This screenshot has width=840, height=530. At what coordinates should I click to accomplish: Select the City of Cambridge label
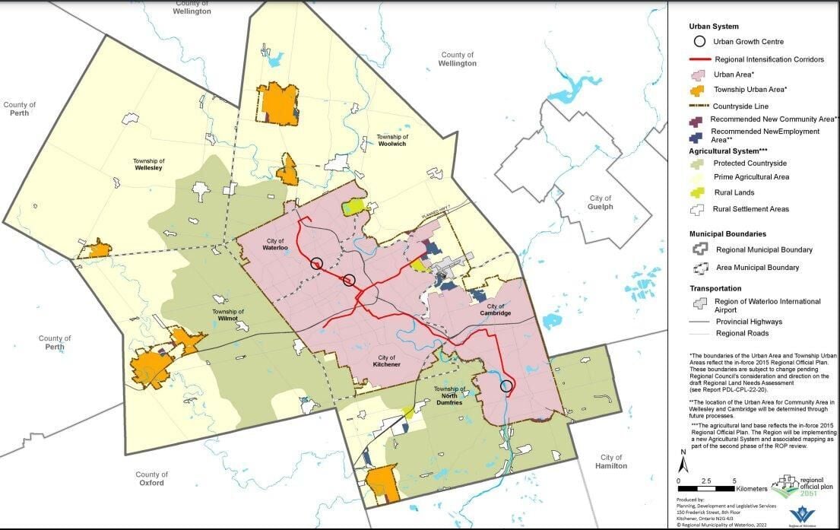(x=495, y=309)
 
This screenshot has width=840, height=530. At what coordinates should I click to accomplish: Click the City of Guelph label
(x=600, y=202)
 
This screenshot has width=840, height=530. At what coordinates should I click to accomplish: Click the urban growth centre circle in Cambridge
(x=506, y=386)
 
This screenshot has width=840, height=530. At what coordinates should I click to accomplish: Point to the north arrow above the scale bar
(x=683, y=461)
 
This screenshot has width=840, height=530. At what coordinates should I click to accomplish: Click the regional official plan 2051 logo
(x=797, y=484)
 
